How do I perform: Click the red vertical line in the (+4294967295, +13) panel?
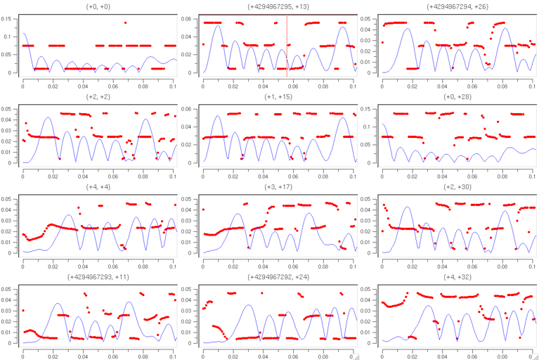[287, 42]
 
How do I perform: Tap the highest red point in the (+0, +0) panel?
[125, 22]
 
